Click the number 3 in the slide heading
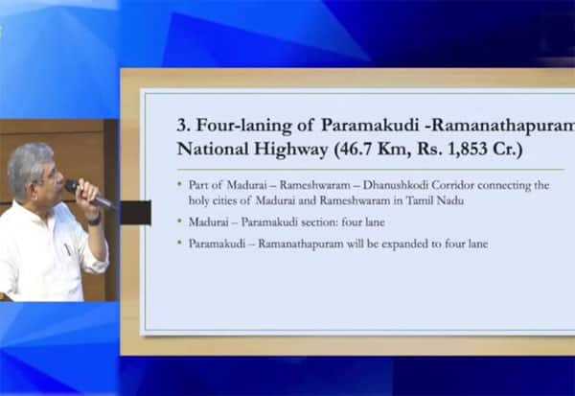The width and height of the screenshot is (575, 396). pos(182,126)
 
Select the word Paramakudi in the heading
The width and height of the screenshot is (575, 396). pos(370,125)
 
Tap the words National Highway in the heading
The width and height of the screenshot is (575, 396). pos(252,149)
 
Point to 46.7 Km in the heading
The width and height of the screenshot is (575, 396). pos(373,149)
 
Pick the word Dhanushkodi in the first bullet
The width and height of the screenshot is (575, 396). pos(395,185)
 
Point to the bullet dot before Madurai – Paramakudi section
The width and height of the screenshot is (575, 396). pos(179,221)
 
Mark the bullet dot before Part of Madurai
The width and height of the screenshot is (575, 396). pos(179,183)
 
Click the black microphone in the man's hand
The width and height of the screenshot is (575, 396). pos(90,196)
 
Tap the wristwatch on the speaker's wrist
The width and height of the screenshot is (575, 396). pos(95,220)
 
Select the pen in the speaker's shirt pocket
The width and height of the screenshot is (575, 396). pos(67,249)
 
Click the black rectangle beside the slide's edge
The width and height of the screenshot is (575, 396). pos(136,213)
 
